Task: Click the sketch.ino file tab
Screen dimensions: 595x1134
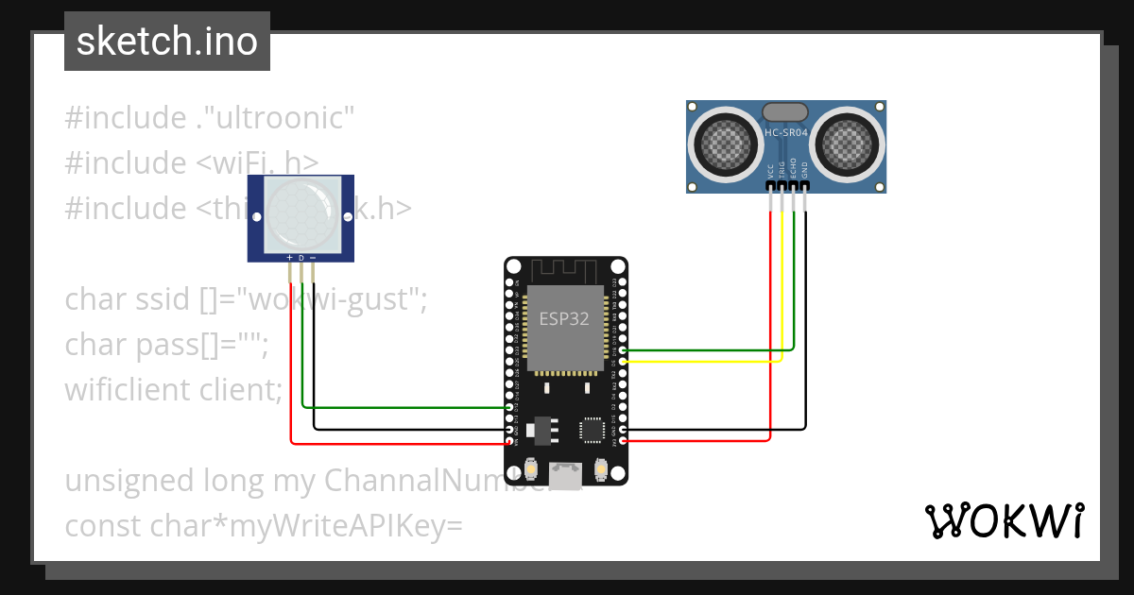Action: coord(167,42)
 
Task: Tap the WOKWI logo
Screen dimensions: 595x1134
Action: coord(1004,520)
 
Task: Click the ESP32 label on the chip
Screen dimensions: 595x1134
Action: coord(564,318)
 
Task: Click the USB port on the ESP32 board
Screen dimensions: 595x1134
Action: coord(567,476)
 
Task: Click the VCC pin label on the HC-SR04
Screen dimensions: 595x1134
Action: coord(771,171)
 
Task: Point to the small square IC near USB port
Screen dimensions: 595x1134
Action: coord(593,430)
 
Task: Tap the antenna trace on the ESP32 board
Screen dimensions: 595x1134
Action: coord(564,271)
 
